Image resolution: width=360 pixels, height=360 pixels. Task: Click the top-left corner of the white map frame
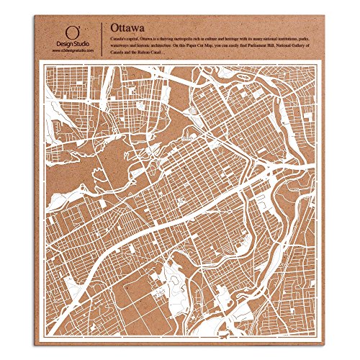pyautogui.click(x=41, y=66)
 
